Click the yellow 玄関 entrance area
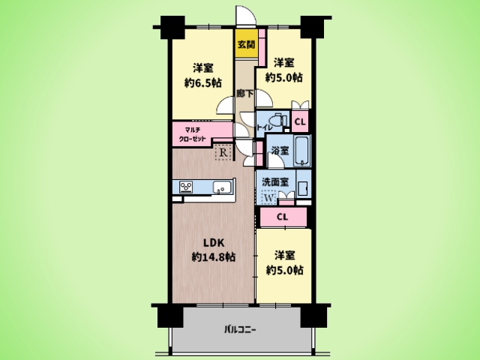coord(246,43)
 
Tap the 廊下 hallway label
coord(245,93)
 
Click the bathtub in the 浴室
coord(302,151)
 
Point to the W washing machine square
coord(268,197)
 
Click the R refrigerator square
coord(223,152)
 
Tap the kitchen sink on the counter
coord(222,187)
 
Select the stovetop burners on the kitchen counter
coord(186,187)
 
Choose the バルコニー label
coord(240,330)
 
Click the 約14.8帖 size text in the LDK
coord(213,256)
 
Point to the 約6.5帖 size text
coord(203,82)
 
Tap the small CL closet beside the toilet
coord(300,121)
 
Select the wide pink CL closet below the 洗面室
coord(283,217)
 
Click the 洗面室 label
coord(275,181)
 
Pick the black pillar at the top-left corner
coord(172,27)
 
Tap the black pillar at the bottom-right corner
coord(312,316)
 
